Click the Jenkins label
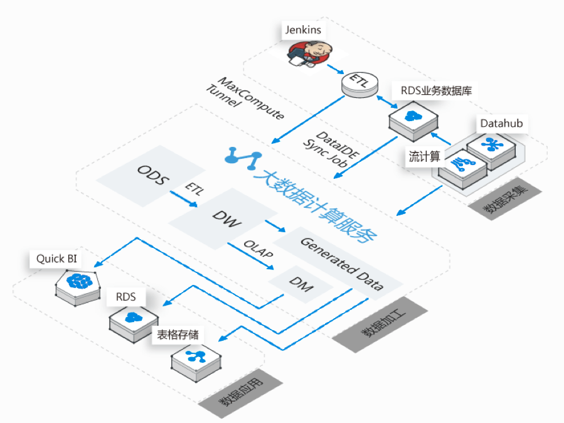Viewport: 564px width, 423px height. coord(303,30)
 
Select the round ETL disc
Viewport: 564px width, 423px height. coord(359,85)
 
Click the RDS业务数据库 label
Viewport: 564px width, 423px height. coord(436,90)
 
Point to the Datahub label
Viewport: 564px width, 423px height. coord(501,124)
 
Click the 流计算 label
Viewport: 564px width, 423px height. coord(425,156)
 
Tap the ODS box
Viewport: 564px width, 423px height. coord(151,176)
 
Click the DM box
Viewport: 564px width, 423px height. coord(301,284)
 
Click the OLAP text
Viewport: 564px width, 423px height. coord(258,249)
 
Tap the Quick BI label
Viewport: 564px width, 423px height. coord(56,259)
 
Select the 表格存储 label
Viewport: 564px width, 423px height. coord(178,335)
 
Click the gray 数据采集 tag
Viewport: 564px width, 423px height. coord(505,198)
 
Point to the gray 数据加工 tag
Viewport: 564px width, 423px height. coord(380,324)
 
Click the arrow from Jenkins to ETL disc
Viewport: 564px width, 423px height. coord(335,69)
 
